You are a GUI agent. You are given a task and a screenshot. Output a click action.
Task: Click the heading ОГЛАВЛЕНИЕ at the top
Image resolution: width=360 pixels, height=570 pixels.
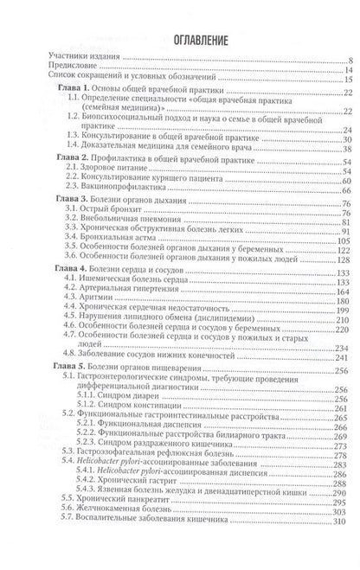click(180, 40)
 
